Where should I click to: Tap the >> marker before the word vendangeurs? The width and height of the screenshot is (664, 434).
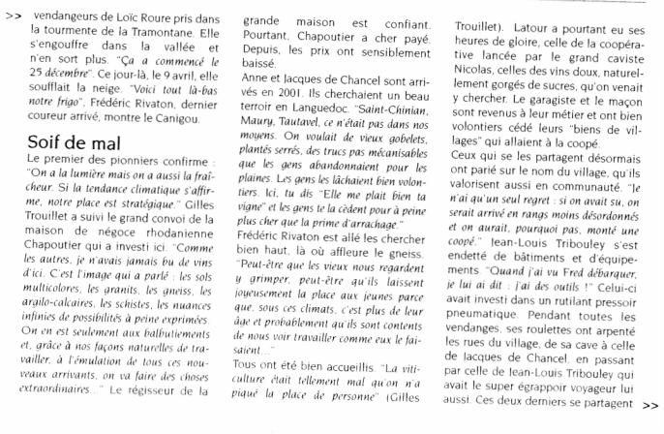(14, 16)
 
